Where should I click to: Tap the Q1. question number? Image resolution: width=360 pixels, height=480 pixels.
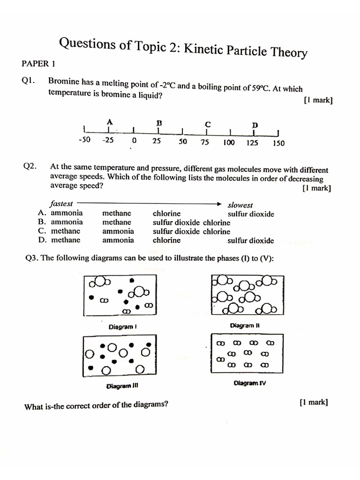coord(29,81)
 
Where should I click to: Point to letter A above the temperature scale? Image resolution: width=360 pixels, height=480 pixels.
coord(109,121)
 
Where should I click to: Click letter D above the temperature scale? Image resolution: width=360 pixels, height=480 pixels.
coord(255,125)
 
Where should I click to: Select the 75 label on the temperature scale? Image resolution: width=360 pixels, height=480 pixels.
coord(205,142)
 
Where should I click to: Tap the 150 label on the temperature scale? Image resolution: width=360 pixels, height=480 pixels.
coord(278,143)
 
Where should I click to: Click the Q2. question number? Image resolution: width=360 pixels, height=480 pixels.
coord(30,166)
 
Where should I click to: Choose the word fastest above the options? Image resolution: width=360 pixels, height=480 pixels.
coord(61,203)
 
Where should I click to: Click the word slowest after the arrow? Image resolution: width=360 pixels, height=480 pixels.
coord(240,205)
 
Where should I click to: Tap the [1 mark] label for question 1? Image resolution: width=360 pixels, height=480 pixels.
coord(318,100)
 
